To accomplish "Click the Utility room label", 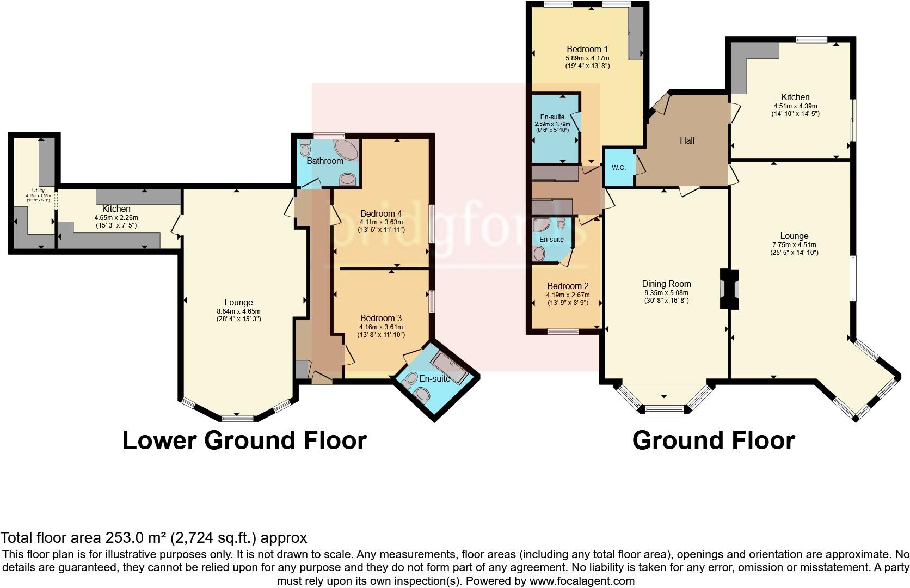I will tap(38, 190).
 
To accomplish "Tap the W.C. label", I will tap(619, 168).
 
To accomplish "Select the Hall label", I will tap(687, 140).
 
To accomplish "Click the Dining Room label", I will tap(666, 284).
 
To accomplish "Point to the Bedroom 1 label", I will tap(587, 49).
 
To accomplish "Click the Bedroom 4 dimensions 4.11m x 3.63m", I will tap(381, 222).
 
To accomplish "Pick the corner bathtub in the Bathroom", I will tap(347, 149).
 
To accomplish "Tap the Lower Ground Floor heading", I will tap(244, 440).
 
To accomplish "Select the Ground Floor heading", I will tap(713, 440).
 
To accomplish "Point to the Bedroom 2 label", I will tap(568, 286).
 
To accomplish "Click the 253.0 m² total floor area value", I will tap(138, 538).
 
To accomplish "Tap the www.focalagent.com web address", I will tap(581, 581).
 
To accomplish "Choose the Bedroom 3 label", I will tap(380, 318).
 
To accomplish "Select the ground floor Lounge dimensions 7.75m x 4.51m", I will tap(794, 245).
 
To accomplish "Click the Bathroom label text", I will tap(325, 161).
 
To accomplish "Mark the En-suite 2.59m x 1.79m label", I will tap(552, 124).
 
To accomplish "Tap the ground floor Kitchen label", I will tap(795, 97).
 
